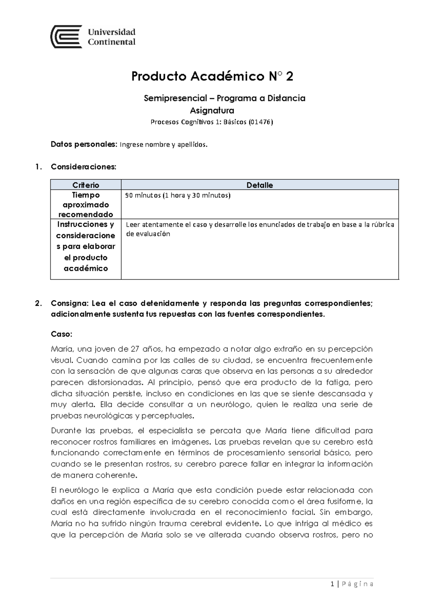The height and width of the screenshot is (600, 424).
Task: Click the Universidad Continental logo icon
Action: click(x=66, y=36)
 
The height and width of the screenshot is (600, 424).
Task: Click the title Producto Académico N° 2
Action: click(x=212, y=76)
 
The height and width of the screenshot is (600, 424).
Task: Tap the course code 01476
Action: click(x=261, y=122)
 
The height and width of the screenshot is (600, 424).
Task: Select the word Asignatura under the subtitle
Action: click(x=212, y=111)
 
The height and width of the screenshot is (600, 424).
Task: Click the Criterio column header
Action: click(x=86, y=185)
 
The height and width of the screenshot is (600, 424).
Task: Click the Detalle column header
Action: click(x=260, y=185)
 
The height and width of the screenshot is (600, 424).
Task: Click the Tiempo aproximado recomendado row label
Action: click(x=86, y=204)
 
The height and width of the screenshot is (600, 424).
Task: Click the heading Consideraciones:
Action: click(x=83, y=167)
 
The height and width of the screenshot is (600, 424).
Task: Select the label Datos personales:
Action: click(x=83, y=144)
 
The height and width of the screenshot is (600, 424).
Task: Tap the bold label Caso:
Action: click(x=61, y=334)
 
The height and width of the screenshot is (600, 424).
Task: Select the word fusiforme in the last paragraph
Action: click(x=345, y=501)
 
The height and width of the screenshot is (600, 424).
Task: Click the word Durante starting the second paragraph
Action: click(x=66, y=431)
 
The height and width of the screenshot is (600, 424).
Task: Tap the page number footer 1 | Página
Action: click(x=352, y=584)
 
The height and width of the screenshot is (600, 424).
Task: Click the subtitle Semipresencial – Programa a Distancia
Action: click(x=224, y=98)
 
